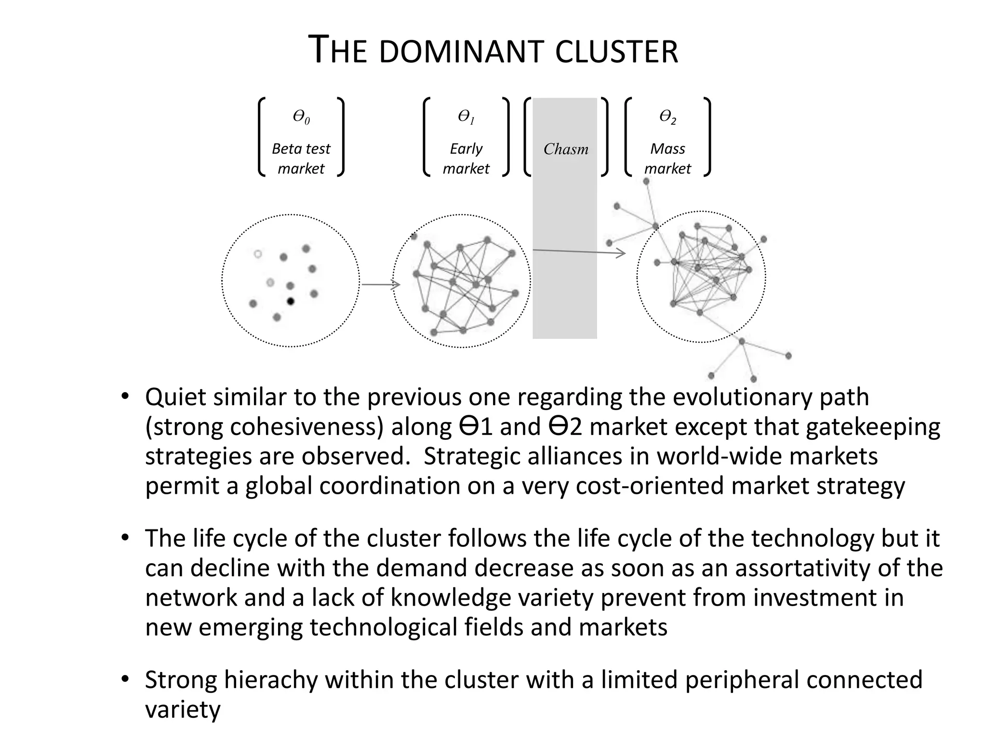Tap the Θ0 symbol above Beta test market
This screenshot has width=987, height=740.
coord(301,117)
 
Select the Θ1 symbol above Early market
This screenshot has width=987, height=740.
coord(466,117)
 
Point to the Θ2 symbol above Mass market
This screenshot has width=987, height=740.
coord(667,117)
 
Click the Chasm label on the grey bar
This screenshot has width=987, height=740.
coord(566,149)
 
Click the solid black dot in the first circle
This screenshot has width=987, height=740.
coord(291,302)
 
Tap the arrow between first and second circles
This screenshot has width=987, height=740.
coord(381,285)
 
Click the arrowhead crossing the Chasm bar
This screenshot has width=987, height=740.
coord(622,252)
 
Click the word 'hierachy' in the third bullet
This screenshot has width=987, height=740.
coord(273,680)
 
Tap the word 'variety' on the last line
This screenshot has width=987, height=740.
coord(183,710)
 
